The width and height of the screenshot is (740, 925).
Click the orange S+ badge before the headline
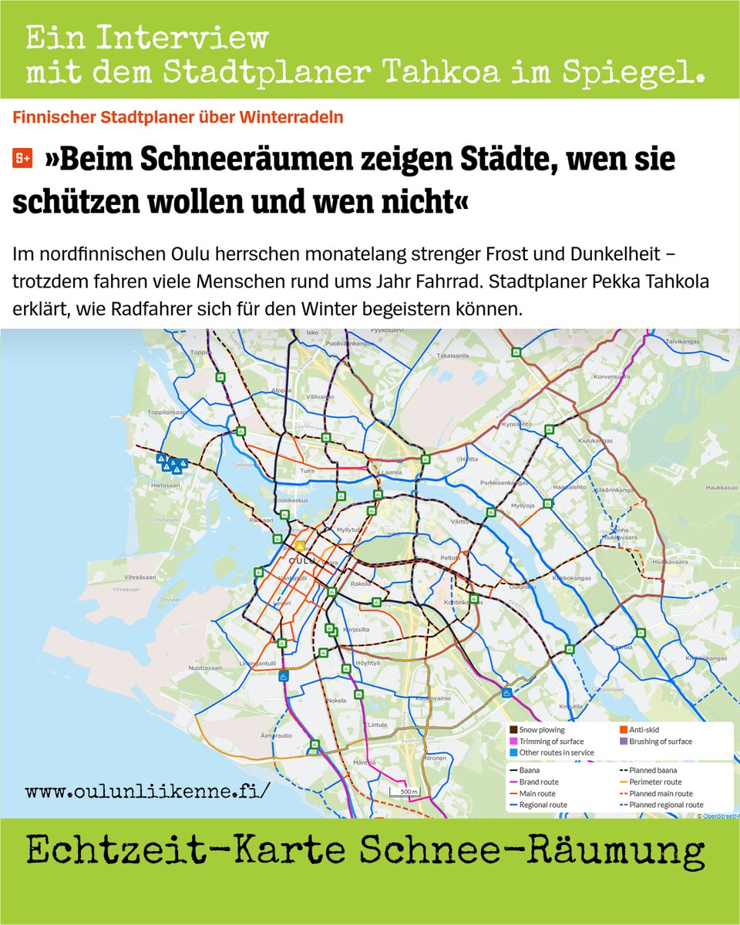(x=22, y=159)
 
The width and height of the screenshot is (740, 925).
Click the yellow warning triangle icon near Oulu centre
(x=299, y=546)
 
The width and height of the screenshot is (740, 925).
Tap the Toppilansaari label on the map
(x=167, y=412)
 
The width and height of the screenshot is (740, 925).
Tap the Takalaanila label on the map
(x=453, y=357)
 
